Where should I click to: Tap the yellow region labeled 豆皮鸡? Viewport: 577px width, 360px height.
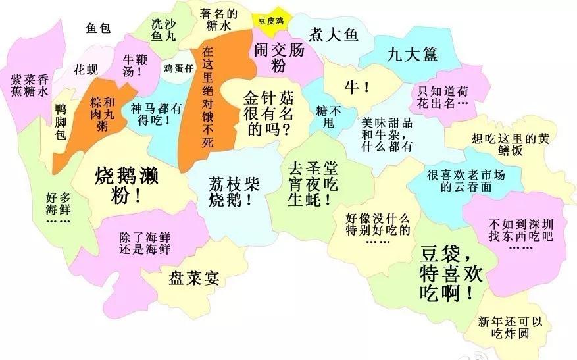point(271,20)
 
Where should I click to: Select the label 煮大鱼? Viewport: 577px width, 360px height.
point(334,35)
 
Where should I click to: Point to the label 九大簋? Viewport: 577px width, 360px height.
point(412,54)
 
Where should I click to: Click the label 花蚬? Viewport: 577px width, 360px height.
point(86,68)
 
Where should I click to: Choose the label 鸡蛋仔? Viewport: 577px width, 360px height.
point(178,68)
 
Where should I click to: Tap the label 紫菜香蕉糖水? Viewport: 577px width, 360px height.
point(30,85)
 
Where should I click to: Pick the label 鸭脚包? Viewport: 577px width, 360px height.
point(61,121)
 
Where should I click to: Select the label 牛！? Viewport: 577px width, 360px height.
point(357,88)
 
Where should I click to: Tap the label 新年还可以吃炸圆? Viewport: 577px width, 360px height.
point(510,328)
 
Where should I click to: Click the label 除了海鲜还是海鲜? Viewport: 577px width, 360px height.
point(145,242)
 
